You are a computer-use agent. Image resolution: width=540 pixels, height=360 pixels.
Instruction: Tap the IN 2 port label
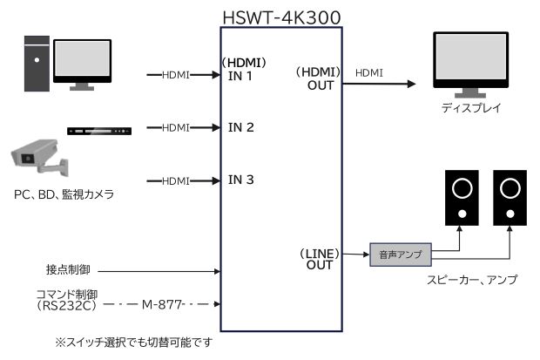[240, 127]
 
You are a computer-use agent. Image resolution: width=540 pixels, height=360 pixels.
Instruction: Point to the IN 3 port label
[240, 180]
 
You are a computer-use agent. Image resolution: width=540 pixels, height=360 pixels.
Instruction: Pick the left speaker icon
[463, 197]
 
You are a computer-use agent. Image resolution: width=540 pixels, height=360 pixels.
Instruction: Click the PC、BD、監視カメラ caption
[64, 194]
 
